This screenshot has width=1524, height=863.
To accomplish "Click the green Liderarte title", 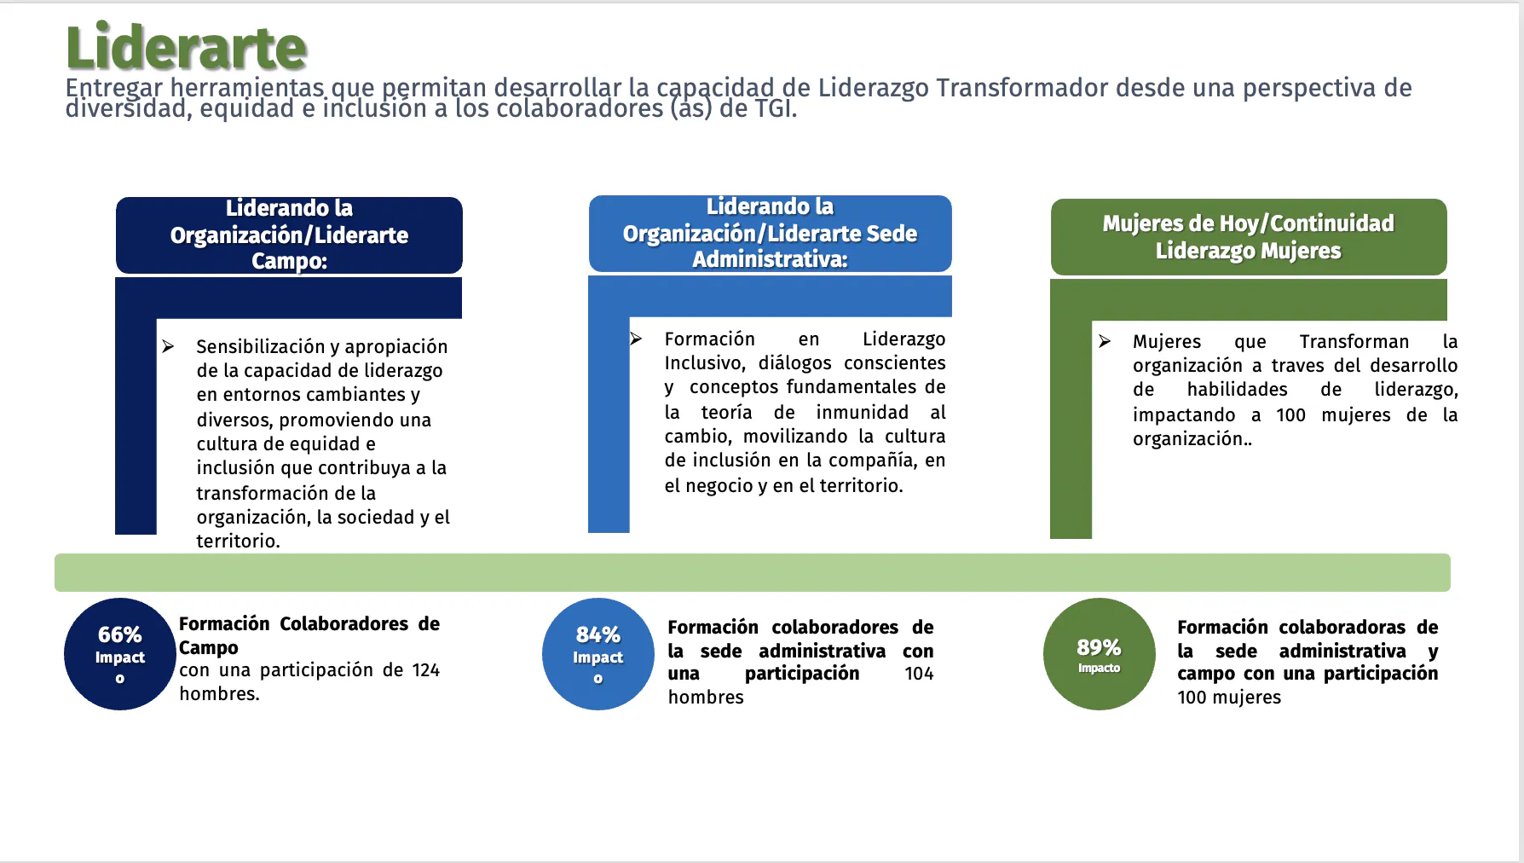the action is click(x=186, y=47).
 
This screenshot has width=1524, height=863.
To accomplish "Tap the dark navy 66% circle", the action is click(x=120, y=654).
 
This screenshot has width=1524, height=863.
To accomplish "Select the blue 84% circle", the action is click(x=598, y=654).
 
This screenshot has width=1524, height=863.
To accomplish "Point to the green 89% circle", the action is click(x=1100, y=654).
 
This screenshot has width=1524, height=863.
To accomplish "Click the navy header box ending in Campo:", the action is click(x=289, y=235).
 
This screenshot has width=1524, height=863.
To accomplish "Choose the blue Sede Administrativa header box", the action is click(x=770, y=234).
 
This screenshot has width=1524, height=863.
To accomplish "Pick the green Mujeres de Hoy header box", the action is click(x=1249, y=237).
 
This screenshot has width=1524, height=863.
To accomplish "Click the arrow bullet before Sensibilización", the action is click(x=168, y=346).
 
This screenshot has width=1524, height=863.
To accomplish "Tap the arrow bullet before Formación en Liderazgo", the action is click(x=636, y=339).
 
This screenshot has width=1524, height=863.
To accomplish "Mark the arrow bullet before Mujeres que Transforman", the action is click(x=1105, y=341).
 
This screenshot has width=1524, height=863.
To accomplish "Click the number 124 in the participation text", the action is click(x=426, y=670).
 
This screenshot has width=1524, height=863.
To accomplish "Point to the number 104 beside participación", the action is click(x=919, y=674).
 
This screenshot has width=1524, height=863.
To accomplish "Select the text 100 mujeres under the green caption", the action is click(x=1229, y=698).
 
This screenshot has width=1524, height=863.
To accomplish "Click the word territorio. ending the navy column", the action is click(x=238, y=541).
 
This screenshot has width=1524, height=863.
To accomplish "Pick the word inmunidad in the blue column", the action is click(x=863, y=413).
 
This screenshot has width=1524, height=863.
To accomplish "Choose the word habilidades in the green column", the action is click(x=1238, y=390).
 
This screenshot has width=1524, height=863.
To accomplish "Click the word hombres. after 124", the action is click(x=219, y=694).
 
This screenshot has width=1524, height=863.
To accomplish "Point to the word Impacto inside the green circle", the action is click(x=1100, y=669).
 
